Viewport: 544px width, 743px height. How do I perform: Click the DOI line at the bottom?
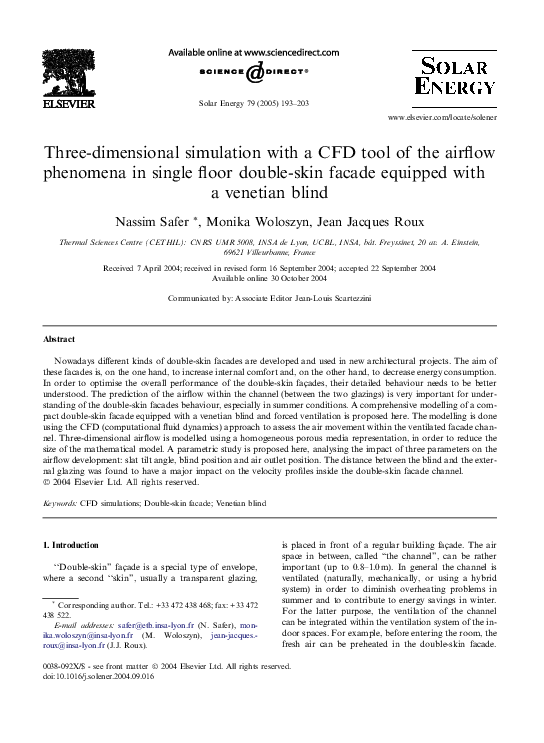click(x=86, y=703)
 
